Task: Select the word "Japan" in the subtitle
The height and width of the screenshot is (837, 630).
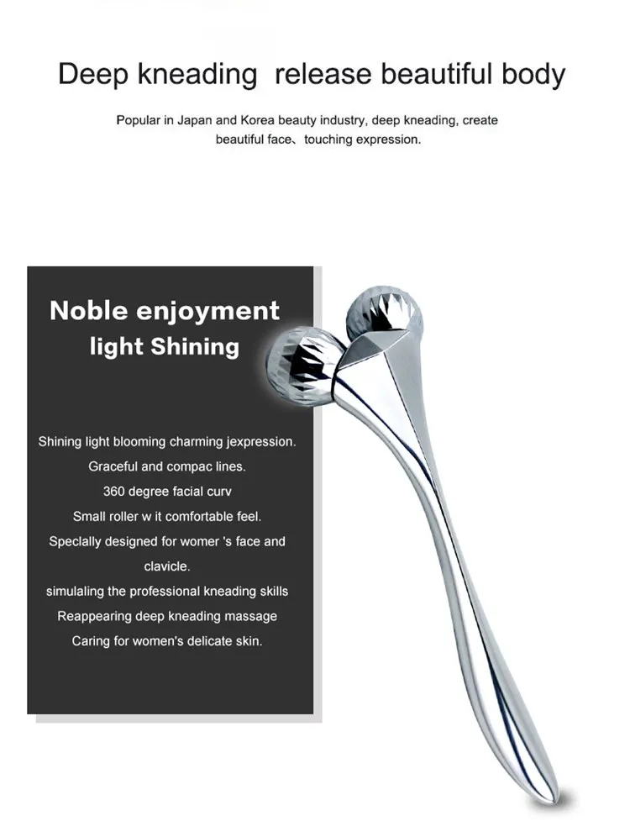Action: (194, 120)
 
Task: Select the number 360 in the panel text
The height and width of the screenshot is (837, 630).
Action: (117, 491)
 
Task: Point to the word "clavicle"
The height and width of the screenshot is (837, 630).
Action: (167, 566)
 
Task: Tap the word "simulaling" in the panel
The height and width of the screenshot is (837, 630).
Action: (77, 591)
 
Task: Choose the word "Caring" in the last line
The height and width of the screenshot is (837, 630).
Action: (91, 641)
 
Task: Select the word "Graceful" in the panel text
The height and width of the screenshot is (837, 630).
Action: (113, 466)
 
